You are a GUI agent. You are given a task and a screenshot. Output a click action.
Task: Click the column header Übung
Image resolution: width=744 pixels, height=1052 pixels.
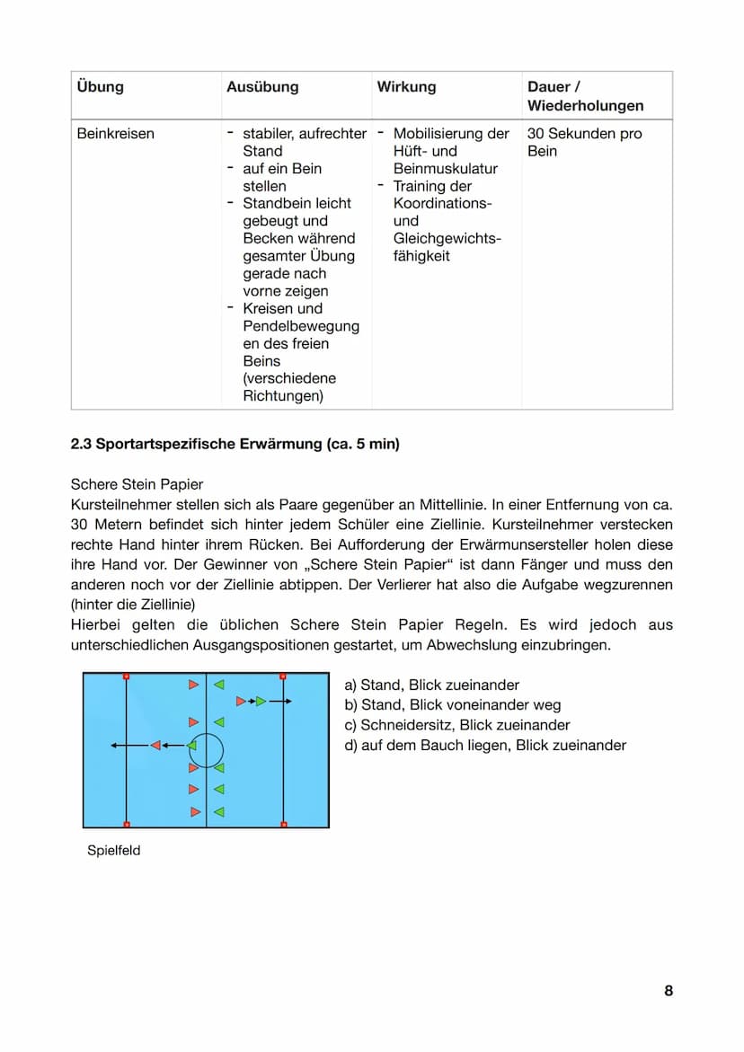(101, 87)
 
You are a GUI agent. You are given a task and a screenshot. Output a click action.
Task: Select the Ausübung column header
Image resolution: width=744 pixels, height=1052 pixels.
(262, 87)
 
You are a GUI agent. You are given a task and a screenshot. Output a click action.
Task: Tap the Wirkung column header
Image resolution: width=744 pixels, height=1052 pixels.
(406, 87)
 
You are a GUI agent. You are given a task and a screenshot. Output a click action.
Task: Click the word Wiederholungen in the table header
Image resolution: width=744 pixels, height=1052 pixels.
(585, 106)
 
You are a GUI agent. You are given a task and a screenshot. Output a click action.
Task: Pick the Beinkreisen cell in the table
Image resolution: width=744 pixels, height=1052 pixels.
(116, 134)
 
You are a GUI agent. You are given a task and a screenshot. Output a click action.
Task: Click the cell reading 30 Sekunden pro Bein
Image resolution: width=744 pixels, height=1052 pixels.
(584, 142)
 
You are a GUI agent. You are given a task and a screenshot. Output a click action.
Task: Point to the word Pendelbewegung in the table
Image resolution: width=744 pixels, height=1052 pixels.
(301, 326)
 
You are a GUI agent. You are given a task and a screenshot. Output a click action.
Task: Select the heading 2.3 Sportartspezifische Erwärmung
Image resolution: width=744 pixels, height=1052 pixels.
(235, 444)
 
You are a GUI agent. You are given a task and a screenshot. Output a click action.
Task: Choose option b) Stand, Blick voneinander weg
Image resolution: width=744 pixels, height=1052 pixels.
(452, 705)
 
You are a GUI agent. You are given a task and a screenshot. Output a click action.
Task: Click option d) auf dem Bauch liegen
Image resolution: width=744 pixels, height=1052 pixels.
(485, 745)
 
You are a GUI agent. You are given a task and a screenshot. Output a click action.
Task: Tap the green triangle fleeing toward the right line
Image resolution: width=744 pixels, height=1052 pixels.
(261, 701)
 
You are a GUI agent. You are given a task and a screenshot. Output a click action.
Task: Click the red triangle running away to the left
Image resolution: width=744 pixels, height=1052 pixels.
(155, 746)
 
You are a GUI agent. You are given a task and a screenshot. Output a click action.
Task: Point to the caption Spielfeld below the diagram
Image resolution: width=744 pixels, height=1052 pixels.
(114, 850)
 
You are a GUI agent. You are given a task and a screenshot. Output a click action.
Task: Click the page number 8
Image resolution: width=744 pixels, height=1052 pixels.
(668, 991)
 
